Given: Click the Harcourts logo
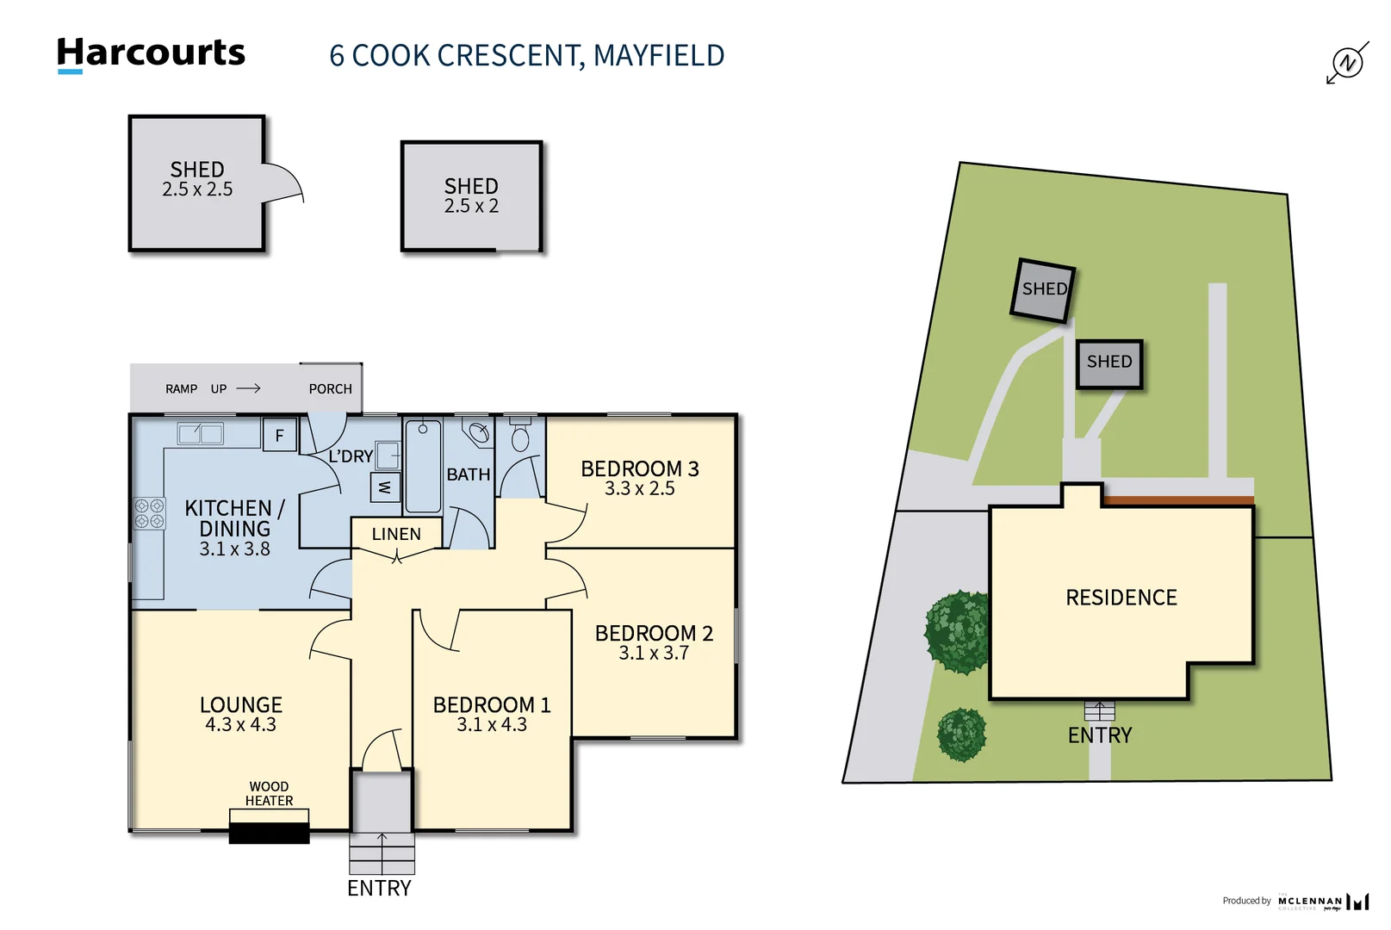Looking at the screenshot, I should [151, 53].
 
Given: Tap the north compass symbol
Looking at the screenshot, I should [1347, 63].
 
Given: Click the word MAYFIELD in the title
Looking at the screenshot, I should [659, 56].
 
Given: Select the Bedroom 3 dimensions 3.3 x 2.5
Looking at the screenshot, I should [639, 489].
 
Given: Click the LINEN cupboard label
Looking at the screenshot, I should [396, 534].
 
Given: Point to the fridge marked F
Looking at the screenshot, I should [279, 435].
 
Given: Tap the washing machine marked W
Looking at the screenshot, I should [384, 487].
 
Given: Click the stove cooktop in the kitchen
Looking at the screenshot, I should [149, 513].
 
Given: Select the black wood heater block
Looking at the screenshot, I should [269, 833].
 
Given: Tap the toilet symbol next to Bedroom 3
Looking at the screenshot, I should [519, 436].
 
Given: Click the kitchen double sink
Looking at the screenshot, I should [200, 433].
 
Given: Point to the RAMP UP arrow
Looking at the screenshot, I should [248, 388].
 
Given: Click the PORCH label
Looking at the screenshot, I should [330, 389].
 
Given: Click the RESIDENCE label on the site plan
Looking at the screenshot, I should [1121, 598].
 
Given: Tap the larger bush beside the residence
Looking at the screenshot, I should [957, 632].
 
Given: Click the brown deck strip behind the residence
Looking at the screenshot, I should [1177, 500].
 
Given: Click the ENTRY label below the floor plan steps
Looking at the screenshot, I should [379, 888].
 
